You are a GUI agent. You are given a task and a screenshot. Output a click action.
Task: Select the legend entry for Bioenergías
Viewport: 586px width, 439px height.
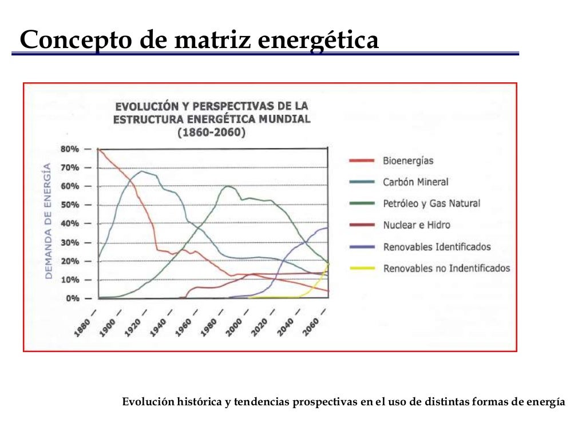click(x=408, y=161)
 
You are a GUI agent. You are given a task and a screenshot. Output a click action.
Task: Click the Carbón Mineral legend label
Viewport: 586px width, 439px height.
click(x=415, y=182)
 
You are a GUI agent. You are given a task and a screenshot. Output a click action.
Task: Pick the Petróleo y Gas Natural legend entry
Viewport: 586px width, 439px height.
click(x=431, y=203)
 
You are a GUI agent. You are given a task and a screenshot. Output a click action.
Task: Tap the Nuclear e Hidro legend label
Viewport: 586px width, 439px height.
click(x=416, y=225)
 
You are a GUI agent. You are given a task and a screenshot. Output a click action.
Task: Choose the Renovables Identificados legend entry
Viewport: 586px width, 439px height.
click(x=437, y=247)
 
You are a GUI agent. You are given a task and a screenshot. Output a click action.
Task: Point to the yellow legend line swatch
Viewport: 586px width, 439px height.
click(x=362, y=268)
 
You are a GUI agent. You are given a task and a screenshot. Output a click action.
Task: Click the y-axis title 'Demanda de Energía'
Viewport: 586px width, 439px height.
click(x=49, y=221)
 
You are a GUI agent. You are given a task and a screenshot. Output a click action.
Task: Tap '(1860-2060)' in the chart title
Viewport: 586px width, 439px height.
click(x=211, y=133)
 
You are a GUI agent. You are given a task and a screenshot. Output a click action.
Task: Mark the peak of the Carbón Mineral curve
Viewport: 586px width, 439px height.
click(x=141, y=171)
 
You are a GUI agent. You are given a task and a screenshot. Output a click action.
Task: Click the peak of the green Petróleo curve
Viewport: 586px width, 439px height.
click(x=228, y=186)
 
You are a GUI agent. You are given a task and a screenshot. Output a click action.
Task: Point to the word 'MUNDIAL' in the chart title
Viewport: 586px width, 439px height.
click(x=282, y=119)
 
